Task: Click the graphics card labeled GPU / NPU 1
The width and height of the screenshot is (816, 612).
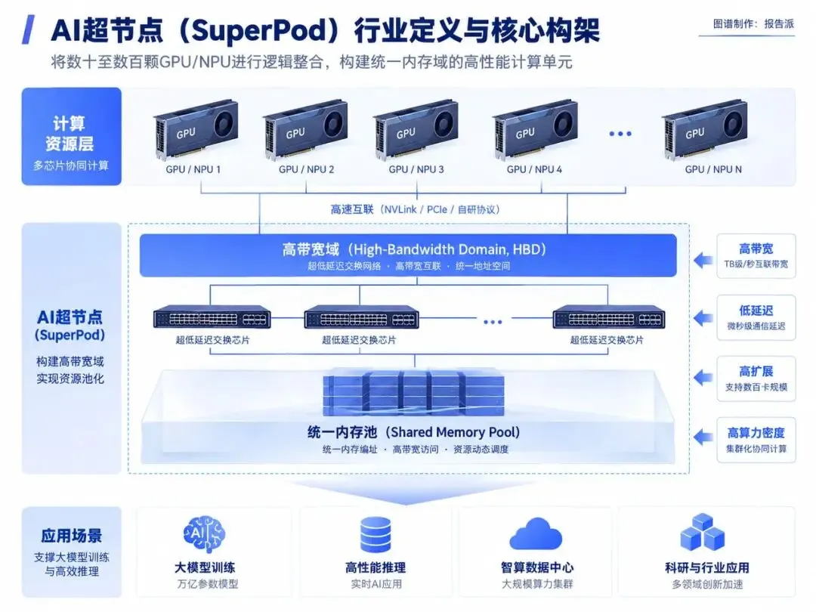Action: (x=196, y=129)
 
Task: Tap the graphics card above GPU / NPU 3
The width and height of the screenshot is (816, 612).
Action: (x=416, y=129)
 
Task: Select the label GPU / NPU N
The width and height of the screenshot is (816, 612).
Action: (x=713, y=169)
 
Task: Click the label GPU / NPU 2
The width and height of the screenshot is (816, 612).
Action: (x=306, y=169)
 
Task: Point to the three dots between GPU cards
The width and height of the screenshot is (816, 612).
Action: (x=620, y=134)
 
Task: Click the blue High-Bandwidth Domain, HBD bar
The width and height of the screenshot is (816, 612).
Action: (x=408, y=255)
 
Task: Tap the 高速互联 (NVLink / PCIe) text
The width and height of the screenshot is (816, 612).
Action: (x=416, y=209)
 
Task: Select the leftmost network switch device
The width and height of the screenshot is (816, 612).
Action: (x=212, y=317)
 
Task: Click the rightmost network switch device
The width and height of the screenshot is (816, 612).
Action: (x=607, y=317)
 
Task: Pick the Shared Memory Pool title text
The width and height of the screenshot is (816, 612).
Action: (x=414, y=432)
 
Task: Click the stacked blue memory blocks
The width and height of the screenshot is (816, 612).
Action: (x=414, y=392)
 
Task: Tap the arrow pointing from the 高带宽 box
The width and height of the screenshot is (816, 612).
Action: (x=703, y=259)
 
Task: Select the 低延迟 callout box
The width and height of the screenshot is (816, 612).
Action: (x=756, y=317)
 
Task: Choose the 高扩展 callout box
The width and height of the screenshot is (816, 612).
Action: (x=756, y=379)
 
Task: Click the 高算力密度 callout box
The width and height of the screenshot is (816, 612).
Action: (x=756, y=440)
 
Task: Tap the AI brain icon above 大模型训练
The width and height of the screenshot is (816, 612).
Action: (x=204, y=534)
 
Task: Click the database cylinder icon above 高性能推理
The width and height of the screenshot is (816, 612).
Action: (x=376, y=534)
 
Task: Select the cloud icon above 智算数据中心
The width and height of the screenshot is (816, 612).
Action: (x=536, y=534)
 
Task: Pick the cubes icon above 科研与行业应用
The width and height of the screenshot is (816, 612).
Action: (x=703, y=533)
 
